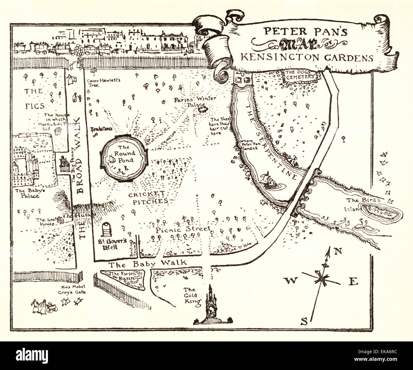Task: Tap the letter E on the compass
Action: click(x=354, y=281)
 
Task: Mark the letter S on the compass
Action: click(x=304, y=322)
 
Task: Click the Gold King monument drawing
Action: click(x=210, y=305)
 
